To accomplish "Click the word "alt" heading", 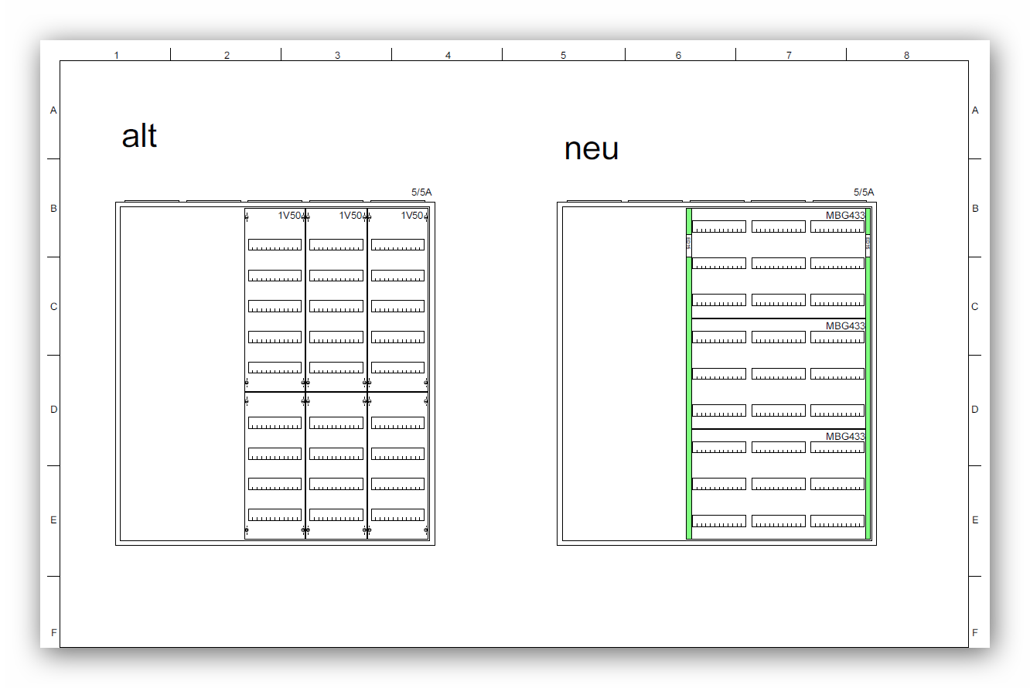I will (x=139, y=136).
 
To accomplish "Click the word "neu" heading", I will (x=592, y=148).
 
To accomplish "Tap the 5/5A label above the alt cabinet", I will (x=421, y=192).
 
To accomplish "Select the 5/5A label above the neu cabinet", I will (x=864, y=192).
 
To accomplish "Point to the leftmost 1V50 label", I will (x=290, y=216).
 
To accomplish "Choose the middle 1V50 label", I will (x=351, y=216).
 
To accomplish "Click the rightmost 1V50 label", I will (x=412, y=216).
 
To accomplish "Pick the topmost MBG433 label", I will (x=845, y=216).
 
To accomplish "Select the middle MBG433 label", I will (x=845, y=326).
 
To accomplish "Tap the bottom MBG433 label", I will (x=845, y=437).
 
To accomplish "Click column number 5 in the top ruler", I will (x=563, y=56).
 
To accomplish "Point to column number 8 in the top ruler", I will (x=907, y=56).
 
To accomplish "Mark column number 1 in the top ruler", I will (x=117, y=56).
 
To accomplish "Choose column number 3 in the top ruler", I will (x=337, y=56).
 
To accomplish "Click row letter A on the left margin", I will (x=53, y=111).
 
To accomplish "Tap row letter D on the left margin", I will (x=53, y=410).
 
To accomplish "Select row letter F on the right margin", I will (x=975, y=633).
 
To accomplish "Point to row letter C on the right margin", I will (x=975, y=307).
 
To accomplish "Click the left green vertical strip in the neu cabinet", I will (x=689, y=387).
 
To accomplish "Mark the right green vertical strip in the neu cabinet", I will (x=868, y=387).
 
